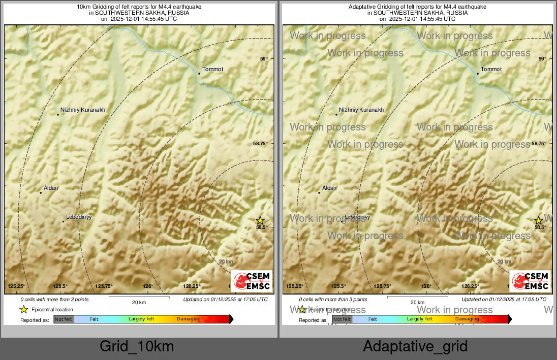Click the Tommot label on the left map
pos(212,69)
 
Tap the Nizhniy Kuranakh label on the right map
pos(361,110)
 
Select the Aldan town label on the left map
pos(51,188)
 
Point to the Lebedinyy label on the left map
pos(78,217)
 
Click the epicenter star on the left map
pos(260,220)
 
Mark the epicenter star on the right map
pos(539,220)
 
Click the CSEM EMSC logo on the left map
pos(252,281)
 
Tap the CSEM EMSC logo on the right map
pos(530,281)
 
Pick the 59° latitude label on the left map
pos(264,59)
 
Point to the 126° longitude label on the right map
pos(426,286)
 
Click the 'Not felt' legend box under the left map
pos(64,319)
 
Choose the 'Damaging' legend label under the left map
pos(189,319)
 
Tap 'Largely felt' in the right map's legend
pos(419,319)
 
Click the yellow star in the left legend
pos(23,309)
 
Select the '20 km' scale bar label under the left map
pos(139,302)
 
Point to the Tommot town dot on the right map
pos(478,74)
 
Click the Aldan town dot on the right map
pos(319,193)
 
